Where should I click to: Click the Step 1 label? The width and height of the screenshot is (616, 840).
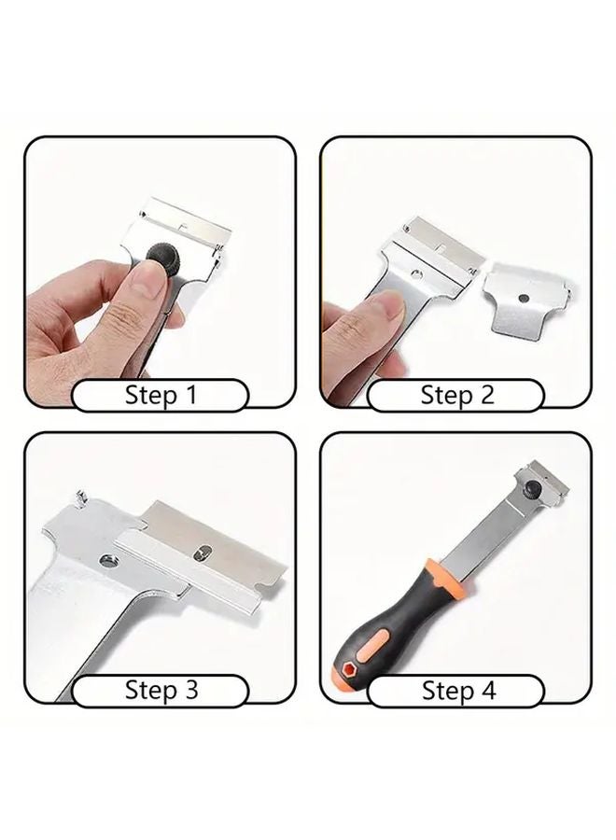161,395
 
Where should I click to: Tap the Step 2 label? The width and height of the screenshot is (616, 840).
456,395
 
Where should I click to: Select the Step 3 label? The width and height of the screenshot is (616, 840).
161,691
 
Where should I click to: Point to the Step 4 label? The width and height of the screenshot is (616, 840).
456,691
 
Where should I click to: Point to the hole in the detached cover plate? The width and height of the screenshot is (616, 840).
526,296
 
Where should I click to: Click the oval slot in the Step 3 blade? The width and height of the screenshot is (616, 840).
202,554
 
